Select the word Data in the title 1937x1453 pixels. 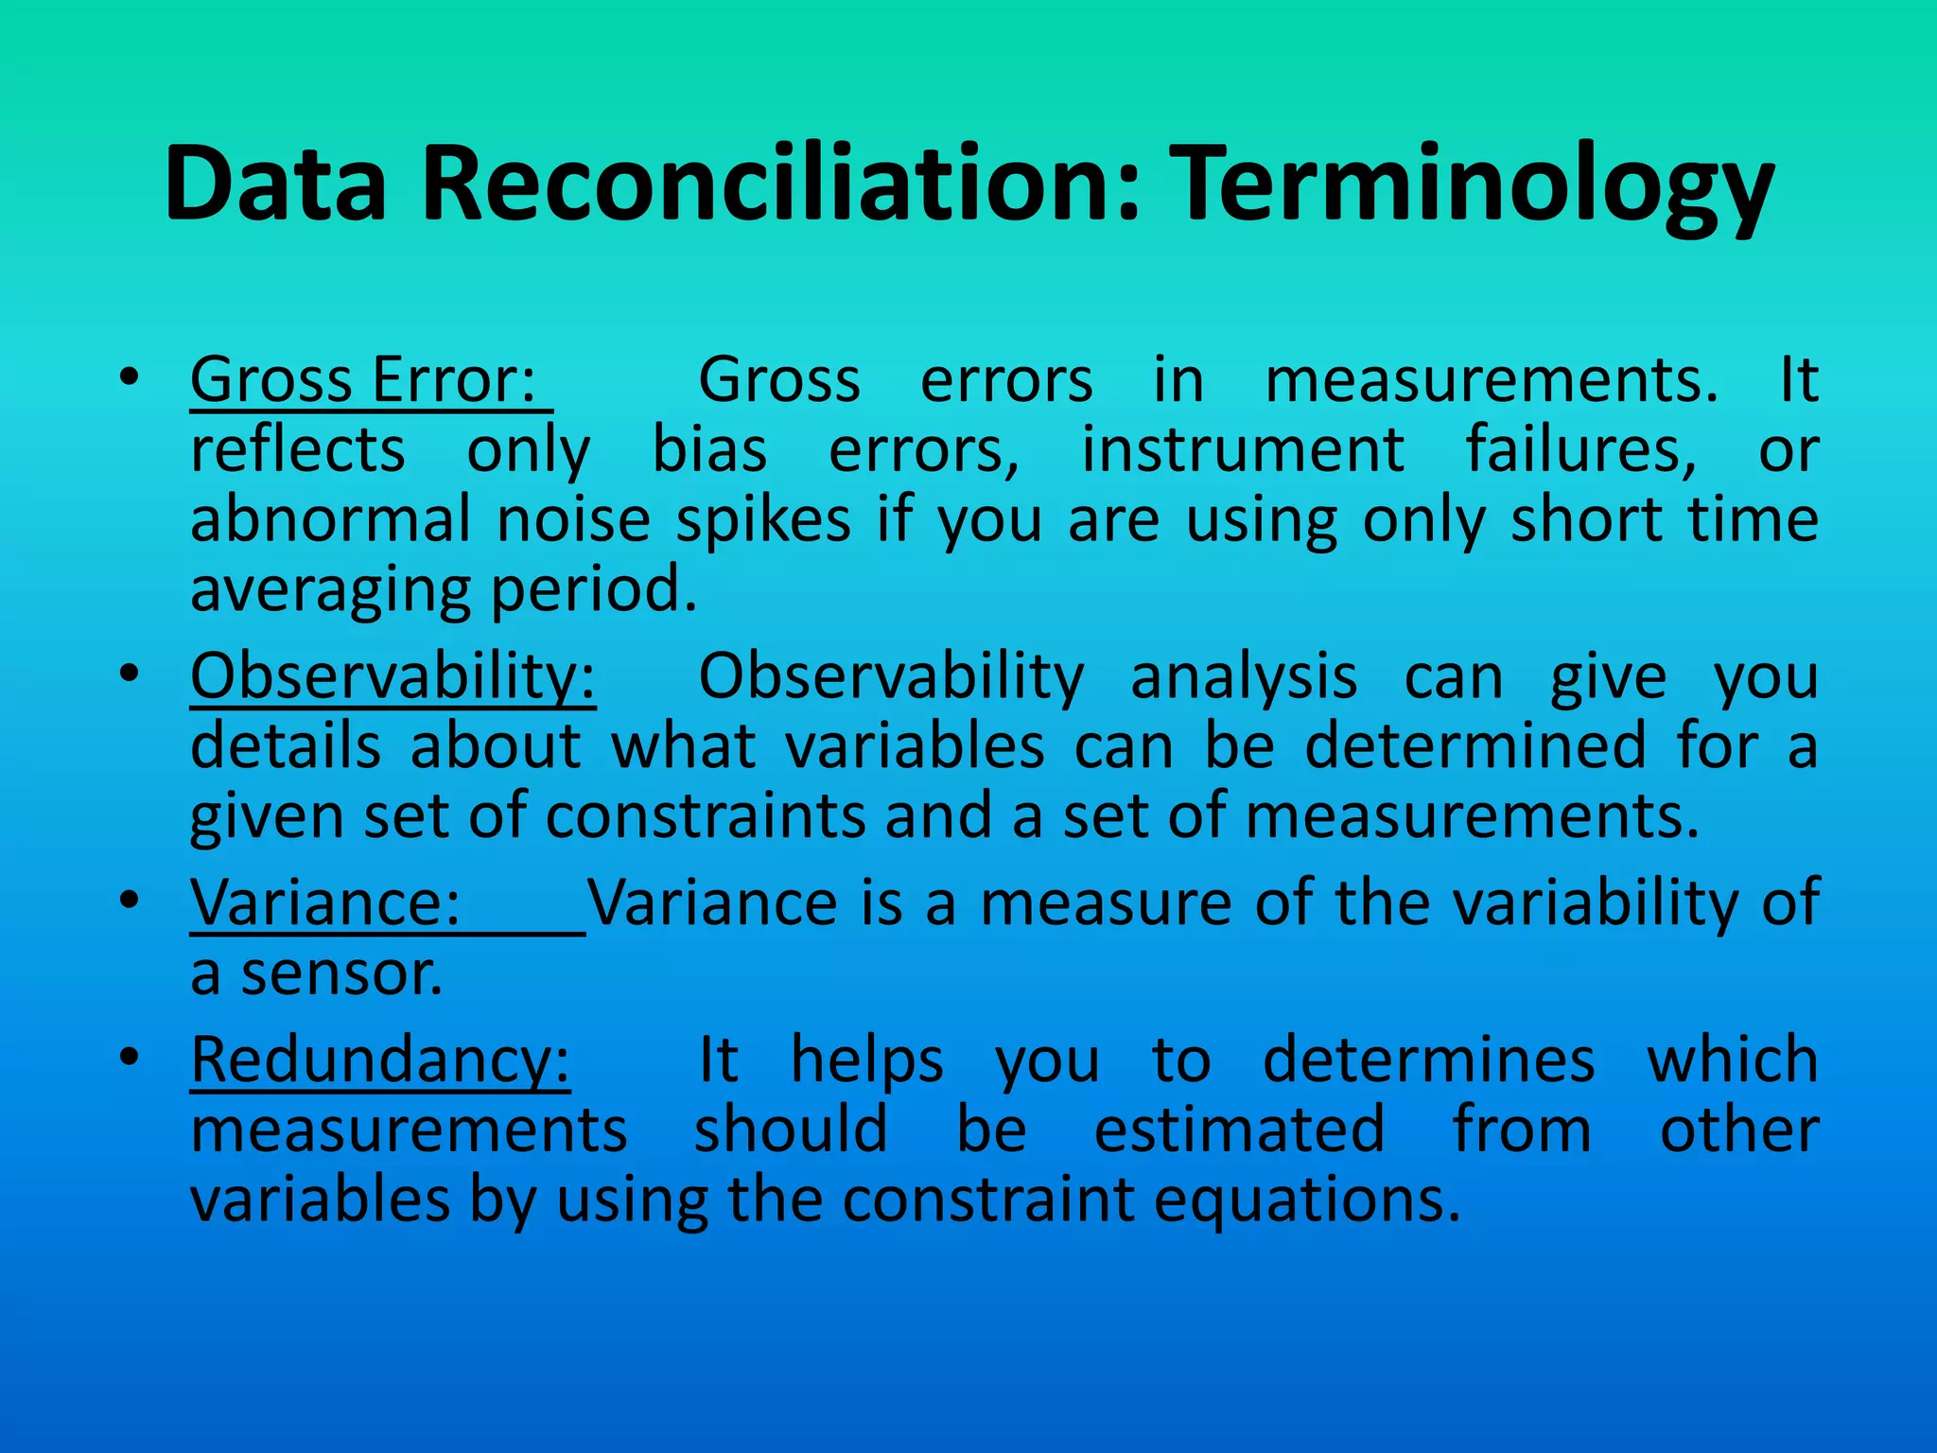(275, 184)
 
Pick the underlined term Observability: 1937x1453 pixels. (393, 677)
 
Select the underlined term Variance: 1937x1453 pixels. (325, 902)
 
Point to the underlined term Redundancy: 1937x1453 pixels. (380, 1059)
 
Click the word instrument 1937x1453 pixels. (1242, 449)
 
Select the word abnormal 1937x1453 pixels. (330, 519)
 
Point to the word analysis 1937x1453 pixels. (1244, 677)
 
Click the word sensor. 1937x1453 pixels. (341, 974)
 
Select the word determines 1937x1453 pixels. (1429, 1059)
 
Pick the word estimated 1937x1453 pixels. (1239, 1129)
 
